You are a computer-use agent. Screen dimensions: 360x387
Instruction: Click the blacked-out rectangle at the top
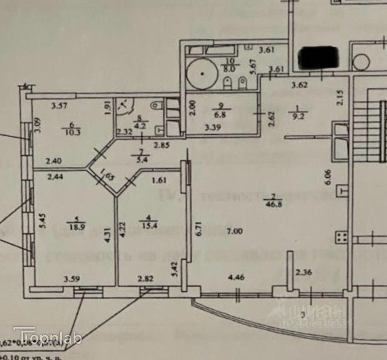(319, 58)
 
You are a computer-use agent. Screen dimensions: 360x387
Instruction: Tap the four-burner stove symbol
(341, 238)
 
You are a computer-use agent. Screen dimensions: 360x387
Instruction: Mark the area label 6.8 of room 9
(223, 113)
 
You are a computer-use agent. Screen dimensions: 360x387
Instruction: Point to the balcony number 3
(303, 316)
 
